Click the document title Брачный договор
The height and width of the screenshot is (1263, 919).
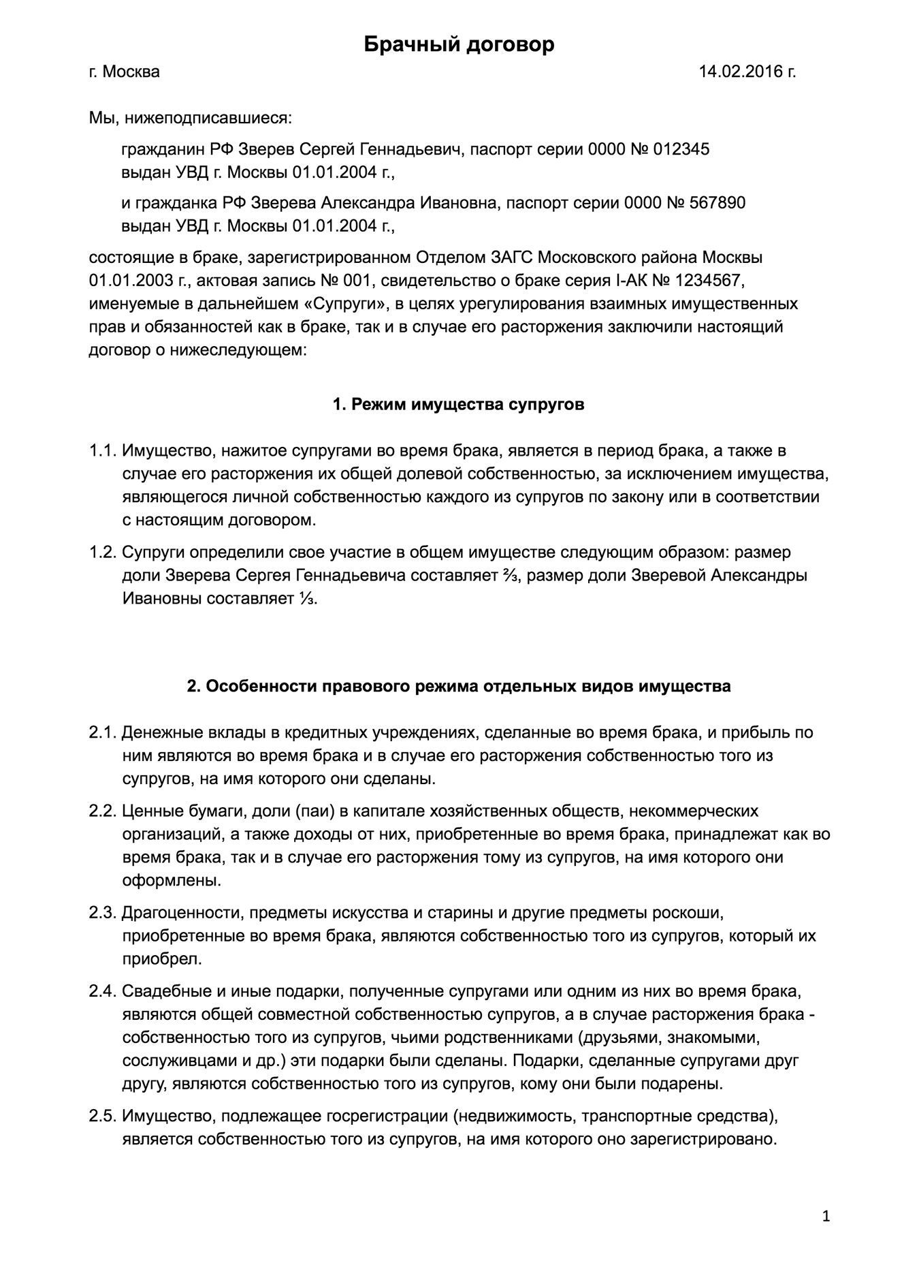click(459, 45)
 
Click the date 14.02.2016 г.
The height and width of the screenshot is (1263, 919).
click(747, 72)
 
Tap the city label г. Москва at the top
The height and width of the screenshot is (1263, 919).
click(124, 72)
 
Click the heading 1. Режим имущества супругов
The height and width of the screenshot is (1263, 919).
click(458, 405)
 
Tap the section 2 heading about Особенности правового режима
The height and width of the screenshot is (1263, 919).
click(458, 686)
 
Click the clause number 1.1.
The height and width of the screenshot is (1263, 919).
click(103, 451)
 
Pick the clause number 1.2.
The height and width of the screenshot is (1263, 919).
click(103, 552)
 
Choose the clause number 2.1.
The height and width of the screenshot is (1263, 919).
click(103, 733)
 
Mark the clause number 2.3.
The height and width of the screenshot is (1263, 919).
click(103, 912)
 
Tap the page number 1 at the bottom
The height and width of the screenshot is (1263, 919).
click(826, 1217)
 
